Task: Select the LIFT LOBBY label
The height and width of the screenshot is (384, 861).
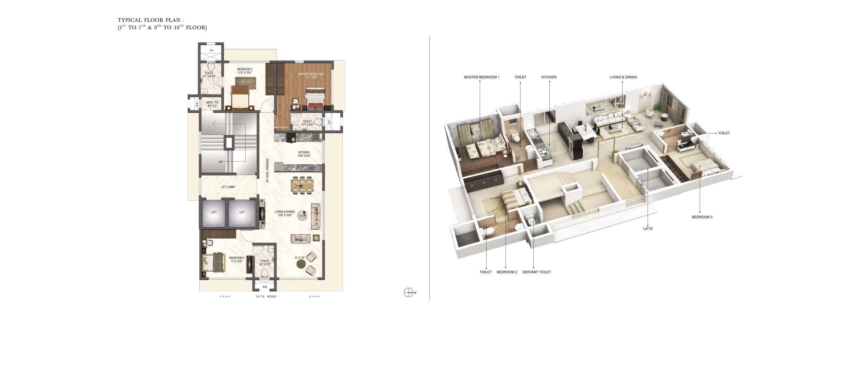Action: [x=228, y=187]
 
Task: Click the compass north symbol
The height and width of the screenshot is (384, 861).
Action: [x=408, y=292]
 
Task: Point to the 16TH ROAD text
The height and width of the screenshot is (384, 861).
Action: [x=266, y=297]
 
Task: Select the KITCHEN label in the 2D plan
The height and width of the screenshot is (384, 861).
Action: [x=304, y=152]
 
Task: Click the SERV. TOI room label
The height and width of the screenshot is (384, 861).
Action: [x=212, y=103]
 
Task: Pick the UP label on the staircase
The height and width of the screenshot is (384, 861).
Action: [x=220, y=162]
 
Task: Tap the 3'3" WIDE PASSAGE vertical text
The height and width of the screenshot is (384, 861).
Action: [x=267, y=170]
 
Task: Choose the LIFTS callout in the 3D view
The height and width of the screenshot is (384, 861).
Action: [x=647, y=229]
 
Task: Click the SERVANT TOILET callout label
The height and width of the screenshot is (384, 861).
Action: [x=537, y=272]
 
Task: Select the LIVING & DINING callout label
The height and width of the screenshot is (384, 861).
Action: [x=623, y=77]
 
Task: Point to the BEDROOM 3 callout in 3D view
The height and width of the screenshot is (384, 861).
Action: [x=702, y=217]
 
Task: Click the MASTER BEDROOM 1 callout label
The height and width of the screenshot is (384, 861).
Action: [x=481, y=77]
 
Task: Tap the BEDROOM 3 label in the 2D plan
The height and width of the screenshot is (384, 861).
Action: [x=237, y=258]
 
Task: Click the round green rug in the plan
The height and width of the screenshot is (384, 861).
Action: [x=301, y=264]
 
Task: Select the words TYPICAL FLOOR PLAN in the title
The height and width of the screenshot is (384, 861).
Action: [x=149, y=20]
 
